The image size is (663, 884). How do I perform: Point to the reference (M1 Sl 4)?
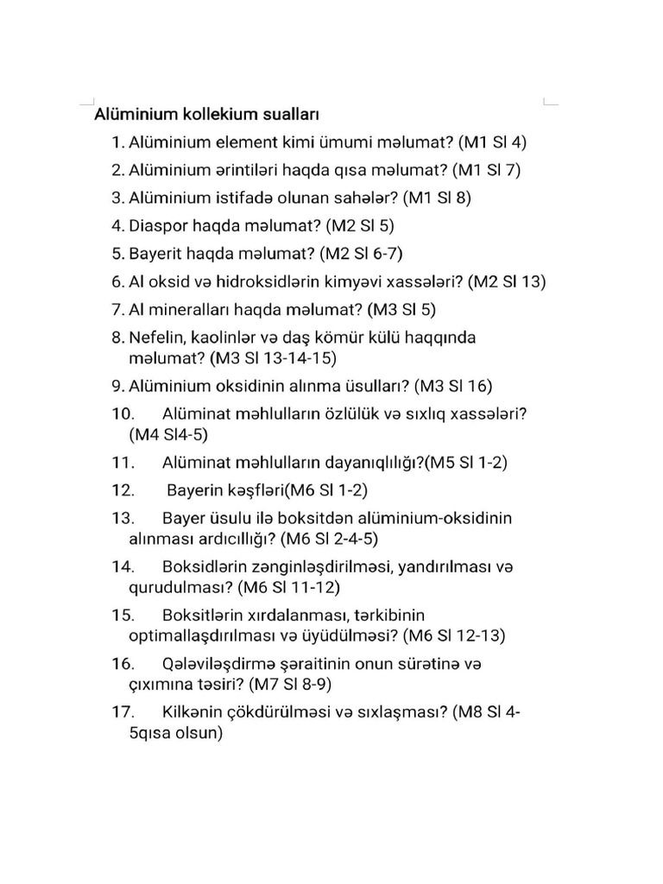492,142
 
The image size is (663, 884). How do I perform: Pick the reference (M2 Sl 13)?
508,281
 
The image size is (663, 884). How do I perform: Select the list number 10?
123,414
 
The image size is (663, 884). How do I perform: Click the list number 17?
123,712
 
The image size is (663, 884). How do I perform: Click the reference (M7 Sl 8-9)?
289,685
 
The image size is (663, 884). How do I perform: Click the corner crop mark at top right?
549,101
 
